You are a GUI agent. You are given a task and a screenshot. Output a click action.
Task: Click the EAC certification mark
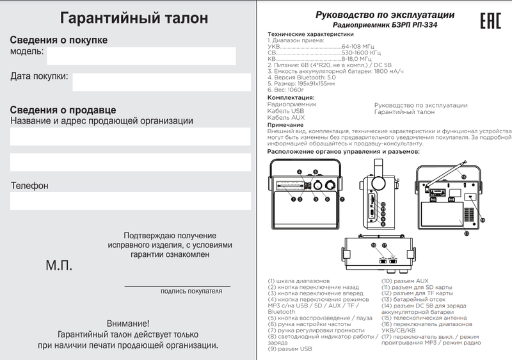click(490, 20)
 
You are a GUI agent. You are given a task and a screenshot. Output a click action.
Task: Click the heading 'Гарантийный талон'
click(131, 16)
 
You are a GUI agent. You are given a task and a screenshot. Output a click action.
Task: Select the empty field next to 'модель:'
click(141, 56)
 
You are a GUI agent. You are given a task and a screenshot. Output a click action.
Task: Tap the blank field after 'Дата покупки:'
click(161, 81)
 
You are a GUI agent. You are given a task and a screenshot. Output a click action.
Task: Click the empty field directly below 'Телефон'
click(130, 201)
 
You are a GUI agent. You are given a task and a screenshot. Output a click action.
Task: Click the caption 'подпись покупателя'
click(191, 291)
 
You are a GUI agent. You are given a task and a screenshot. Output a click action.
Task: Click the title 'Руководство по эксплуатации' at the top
click(386, 14)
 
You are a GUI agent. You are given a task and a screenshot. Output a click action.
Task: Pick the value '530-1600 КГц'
click(362, 53)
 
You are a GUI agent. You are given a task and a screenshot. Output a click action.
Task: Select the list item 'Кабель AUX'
click(285, 118)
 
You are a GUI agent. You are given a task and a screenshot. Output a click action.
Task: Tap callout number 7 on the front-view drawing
click(342, 199)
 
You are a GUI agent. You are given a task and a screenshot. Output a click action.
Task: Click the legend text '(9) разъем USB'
click(290, 349)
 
